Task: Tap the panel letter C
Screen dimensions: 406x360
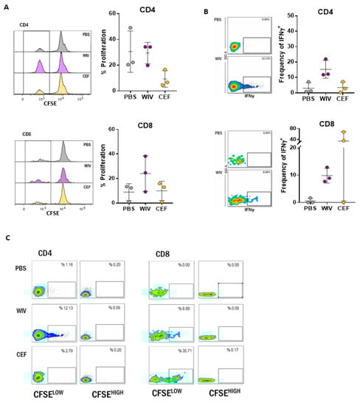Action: tap(7, 238)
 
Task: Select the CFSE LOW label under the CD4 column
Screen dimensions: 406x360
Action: tap(51, 396)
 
